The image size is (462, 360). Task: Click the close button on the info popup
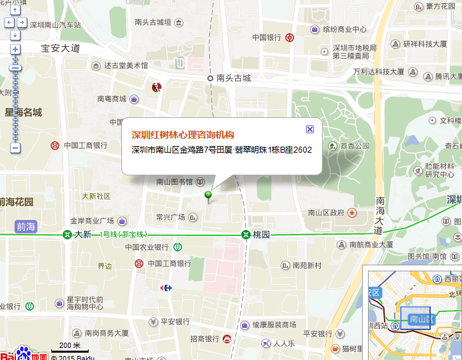tap(309, 129)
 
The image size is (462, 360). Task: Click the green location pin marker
tap(209, 195)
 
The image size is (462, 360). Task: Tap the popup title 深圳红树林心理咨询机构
tap(183, 134)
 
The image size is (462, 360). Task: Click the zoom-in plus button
tap(15, 49)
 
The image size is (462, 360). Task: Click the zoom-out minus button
tap(15, 147)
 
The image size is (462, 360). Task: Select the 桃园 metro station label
tap(261, 235)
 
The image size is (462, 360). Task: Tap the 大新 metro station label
tap(82, 235)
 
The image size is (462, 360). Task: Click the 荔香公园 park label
tap(354, 146)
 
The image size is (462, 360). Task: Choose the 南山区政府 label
tap(326, 213)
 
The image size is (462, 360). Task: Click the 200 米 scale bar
tap(69, 345)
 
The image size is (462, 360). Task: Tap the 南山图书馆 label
tap(175, 181)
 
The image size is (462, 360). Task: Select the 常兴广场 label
tap(170, 217)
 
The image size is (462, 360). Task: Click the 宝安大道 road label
tap(60, 48)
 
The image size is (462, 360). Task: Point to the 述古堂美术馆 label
tap(126, 66)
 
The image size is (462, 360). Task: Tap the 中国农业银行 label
tap(148, 247)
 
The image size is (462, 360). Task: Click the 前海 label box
tap(26, 226)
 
